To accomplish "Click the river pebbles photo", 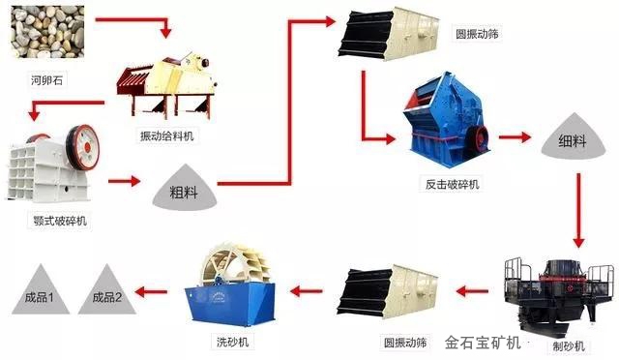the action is (47, 32).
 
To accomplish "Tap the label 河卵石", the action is (47, 80).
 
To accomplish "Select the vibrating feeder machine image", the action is (167, 86).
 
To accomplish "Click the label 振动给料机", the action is (167, 135).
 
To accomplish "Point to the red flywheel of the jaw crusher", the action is (83, 147).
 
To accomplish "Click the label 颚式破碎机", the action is (60, 221).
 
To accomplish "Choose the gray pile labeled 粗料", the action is (185, 188).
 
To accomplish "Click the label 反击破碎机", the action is (453, 184).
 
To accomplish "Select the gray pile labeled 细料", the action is (573, 136).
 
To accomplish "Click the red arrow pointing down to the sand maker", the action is (578, 210).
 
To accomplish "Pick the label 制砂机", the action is (569, 346).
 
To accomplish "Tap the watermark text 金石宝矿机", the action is (483, 343).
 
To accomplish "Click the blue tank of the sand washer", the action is (231, 303).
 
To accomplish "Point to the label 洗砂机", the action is (232, 342).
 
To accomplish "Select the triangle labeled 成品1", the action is (41, 290).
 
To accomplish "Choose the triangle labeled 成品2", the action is (107, 290).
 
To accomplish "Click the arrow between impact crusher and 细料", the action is (515, 137).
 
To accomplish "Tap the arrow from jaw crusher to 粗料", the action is (125, 181).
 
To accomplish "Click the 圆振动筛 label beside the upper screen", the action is (477, 34).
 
